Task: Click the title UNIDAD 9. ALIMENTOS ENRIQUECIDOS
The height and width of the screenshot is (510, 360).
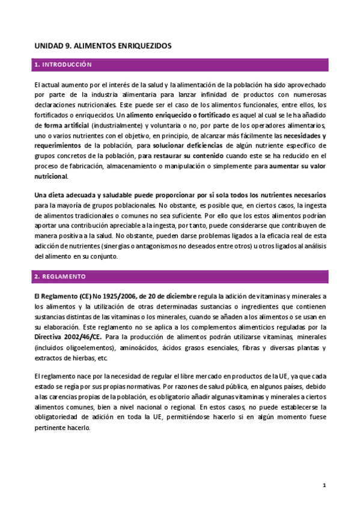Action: click(103, 45)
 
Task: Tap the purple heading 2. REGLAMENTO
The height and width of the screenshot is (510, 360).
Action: click(61, 277)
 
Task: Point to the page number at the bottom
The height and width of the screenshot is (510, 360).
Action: click(323, 484)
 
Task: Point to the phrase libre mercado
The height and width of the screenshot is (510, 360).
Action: click(165, 376)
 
